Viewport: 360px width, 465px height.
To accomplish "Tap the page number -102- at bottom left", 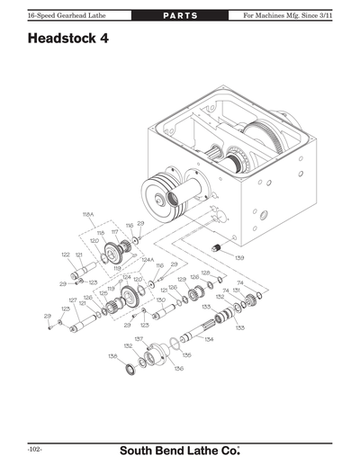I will click(36, 448).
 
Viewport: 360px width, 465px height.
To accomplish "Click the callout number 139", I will click(239, 259).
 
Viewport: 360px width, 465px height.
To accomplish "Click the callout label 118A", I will click(88, 214).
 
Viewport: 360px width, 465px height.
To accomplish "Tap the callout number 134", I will click(209, 340).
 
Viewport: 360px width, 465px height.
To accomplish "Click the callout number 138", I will click(112, 356).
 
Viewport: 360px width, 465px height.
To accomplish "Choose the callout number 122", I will click(66, 255).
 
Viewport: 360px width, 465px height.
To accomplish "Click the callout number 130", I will click(160, 300).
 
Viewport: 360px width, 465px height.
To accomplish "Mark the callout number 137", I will click(139, 339).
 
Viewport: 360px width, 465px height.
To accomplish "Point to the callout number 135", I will click(186, 354).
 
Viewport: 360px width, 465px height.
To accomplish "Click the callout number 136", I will click(178, 367).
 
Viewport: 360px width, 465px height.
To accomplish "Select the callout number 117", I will click(114, 231).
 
